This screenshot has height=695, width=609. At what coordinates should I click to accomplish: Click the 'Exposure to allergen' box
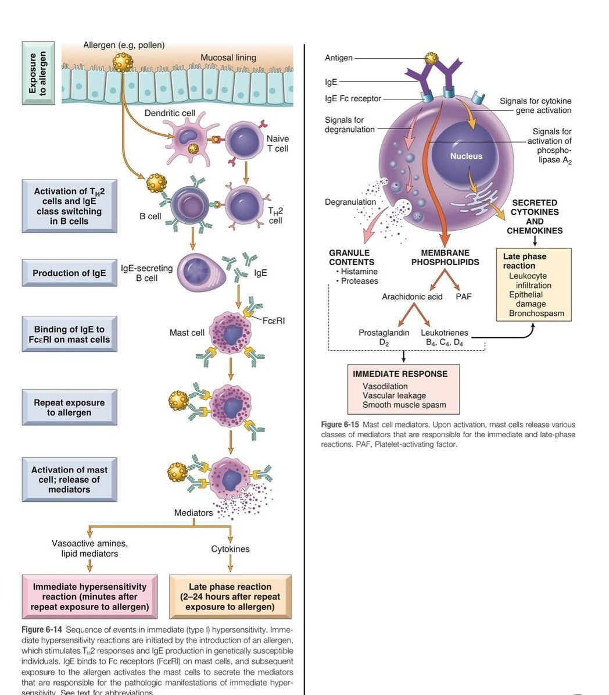[38, 73]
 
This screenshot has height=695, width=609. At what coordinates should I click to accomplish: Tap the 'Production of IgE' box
[69, 273]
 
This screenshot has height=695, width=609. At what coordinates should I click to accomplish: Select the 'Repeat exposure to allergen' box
[69, 407]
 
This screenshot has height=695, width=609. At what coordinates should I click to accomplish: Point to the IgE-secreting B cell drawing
[200, 272]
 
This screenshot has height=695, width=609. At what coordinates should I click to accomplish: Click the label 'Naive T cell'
[277, 144]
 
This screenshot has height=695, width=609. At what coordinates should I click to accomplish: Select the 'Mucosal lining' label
[228, 57]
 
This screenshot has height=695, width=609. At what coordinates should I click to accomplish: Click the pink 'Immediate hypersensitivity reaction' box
[89, 597]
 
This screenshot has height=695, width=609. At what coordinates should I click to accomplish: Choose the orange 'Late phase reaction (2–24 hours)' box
[230, 597]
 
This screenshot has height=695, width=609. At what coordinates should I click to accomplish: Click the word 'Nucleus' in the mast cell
[466, 156]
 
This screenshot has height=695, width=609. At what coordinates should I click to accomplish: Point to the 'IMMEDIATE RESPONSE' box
[404, 389]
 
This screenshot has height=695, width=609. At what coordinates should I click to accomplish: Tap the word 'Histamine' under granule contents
[359, 272]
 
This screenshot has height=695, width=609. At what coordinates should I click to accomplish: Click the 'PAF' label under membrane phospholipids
[464, 297]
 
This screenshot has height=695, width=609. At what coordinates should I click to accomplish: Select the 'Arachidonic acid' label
[412, 297]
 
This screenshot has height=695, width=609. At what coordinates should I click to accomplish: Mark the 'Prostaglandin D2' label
[384, 337]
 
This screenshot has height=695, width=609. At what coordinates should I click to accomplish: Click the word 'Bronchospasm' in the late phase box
[536, 313]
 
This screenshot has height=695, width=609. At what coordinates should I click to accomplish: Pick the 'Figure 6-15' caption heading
[340, 425]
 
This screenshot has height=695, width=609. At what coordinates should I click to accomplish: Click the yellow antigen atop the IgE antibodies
[431, 58]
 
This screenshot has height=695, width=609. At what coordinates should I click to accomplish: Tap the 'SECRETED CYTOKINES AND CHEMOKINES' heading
[535, 216]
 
